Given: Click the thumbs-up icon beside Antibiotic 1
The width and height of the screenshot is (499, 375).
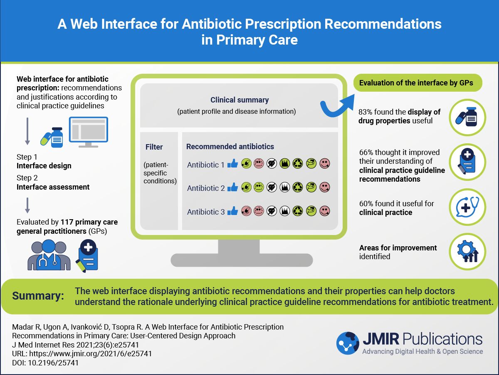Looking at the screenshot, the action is pos(232,163).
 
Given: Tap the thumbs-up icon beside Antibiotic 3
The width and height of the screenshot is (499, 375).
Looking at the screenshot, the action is pos(232,210).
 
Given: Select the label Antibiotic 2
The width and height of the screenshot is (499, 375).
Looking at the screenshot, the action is pos(206,188).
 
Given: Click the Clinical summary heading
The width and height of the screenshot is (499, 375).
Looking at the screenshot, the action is pos(240,100).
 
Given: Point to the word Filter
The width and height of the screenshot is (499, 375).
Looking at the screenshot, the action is pos(154,147).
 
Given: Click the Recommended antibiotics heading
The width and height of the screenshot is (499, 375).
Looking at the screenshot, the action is pos(230,146).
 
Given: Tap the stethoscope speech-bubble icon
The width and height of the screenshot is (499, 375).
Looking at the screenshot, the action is pos(467,207).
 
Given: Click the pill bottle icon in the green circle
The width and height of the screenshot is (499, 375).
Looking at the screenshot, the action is pos(467,117).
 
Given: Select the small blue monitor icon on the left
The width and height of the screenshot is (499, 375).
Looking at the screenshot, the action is pos(89,132).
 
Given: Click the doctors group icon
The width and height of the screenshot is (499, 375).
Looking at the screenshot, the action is pos(49,255).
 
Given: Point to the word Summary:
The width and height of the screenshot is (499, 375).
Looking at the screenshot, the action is pos(38,296).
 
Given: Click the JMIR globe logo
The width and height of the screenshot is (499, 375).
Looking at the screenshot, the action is pos(348,343).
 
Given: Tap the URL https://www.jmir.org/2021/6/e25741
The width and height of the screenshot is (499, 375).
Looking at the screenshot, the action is pos(91,354).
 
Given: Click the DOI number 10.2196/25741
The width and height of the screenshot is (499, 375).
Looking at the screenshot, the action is pos(53,362).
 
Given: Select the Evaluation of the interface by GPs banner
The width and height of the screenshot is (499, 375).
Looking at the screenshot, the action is pos(417,82).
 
